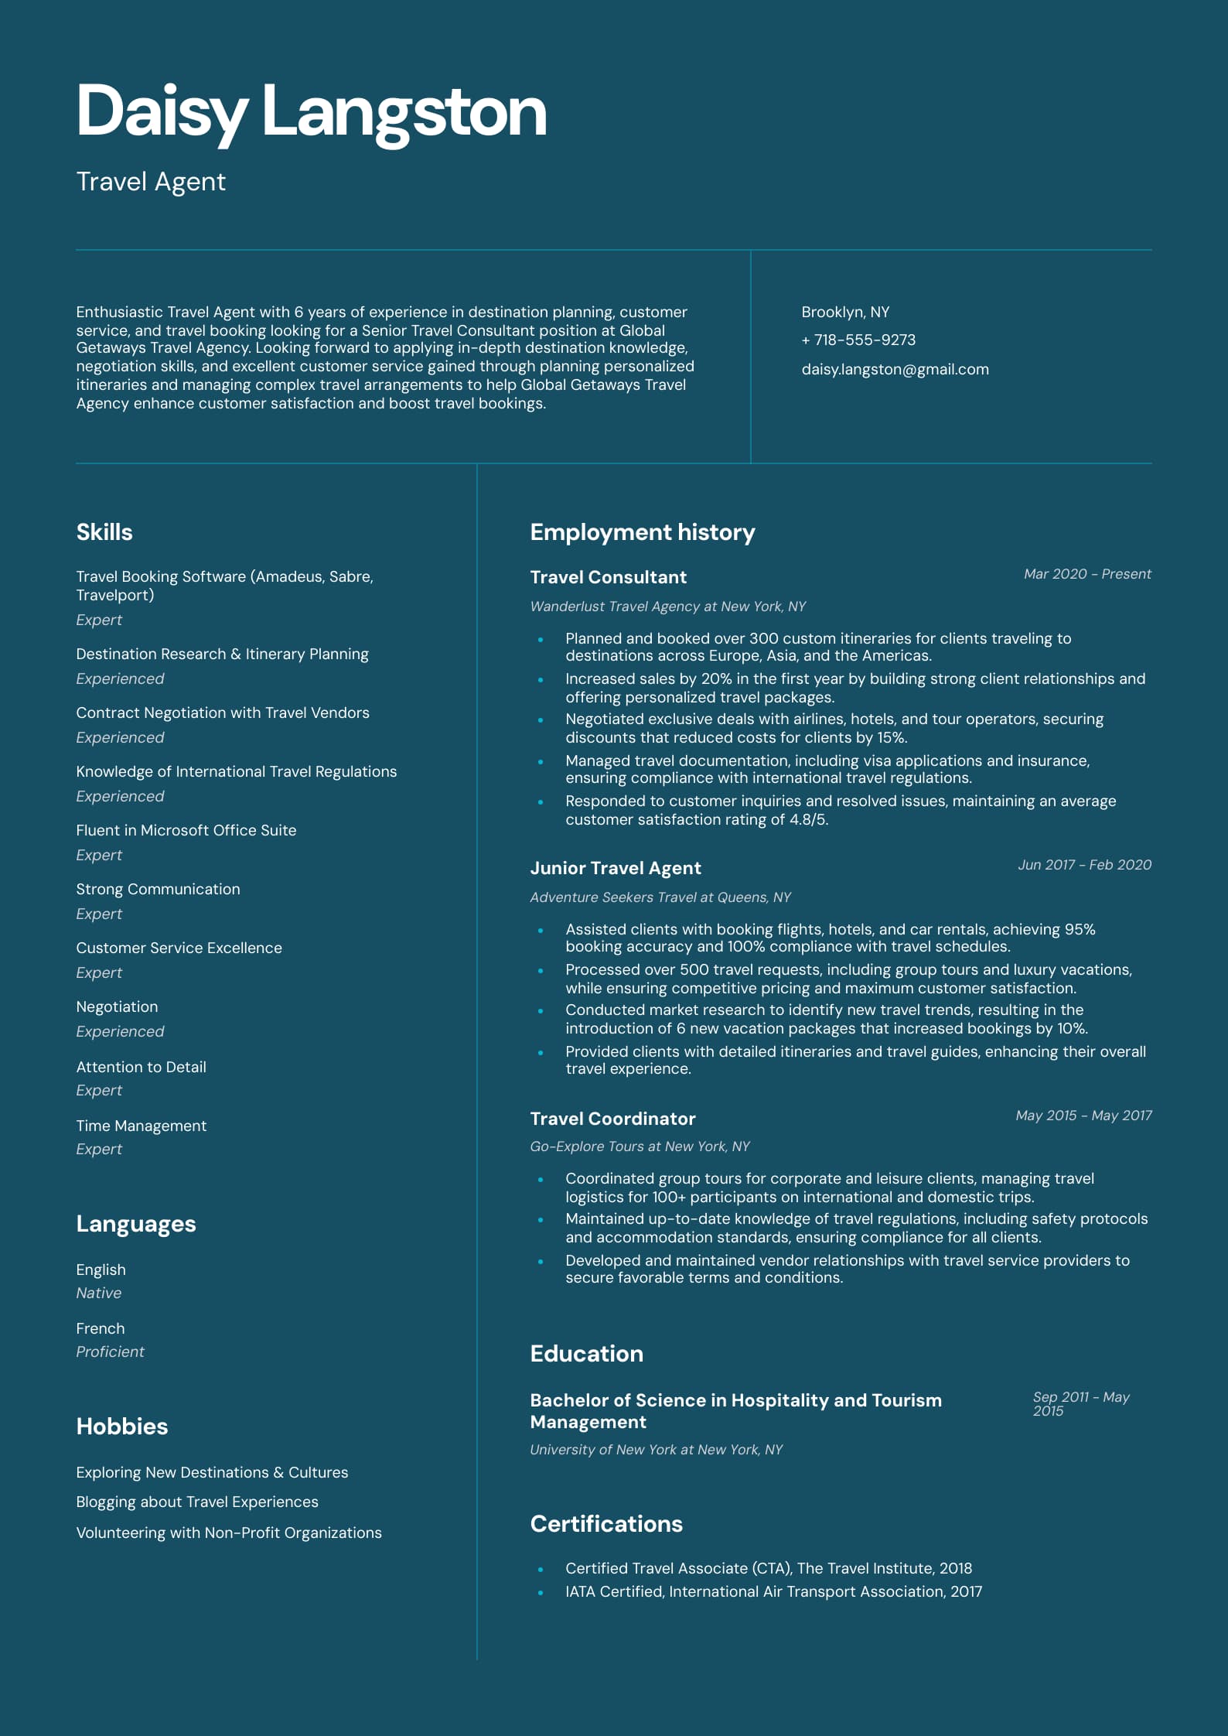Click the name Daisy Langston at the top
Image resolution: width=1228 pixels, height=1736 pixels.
pyautogui.click(x=311, y=112)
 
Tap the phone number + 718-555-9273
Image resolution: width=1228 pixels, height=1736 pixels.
pyautogui.click(x=858, y=340)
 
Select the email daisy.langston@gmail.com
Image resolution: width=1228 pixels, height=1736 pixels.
pyautogui.click(x=895, y=370)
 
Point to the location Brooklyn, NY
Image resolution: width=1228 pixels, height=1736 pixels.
pyautogui.click(x=844, y=312)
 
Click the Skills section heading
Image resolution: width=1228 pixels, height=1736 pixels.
pyautogui.click(x=104, y=532)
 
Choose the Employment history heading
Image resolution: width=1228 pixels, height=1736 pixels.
pyautogui.click(x=642, y=532)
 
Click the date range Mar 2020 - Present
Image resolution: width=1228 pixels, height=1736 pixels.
pyautogui.click(x=1086, y=574)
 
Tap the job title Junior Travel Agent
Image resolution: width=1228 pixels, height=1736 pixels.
pyautogui.click(x=615, y=868)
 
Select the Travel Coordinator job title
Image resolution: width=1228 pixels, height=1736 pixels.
pyautogui.click(x=612, y=1119)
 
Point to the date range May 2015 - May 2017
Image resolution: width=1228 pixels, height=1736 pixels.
pyautogui.click(x=1083, y=1116)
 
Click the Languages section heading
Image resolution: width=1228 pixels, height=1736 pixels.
pyautogui.click(x=136, y=1224)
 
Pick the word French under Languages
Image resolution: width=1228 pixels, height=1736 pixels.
pyautogui.click(x=101, y=1328)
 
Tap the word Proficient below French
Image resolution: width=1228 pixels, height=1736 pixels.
pyautogui.click(x=110, y=1352)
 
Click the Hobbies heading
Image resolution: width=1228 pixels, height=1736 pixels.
pyautogui.click(x=122, y=1427)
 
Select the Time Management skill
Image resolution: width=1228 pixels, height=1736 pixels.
pyautogui.click(x=141, y=1126)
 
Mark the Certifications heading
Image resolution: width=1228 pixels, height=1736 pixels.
pyautogui.click(x=606, y=1524)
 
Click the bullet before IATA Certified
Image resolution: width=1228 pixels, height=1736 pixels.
pyautogui.click(x=541, y=1592)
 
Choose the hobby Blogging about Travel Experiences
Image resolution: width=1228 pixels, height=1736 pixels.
pyautogui.click(x=197, y=1502)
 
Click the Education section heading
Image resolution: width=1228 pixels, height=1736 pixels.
pyautogui.click(x=586, y=1354)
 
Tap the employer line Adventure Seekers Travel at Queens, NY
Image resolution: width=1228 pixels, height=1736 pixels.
pyautogui.click(x=660, y=897)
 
